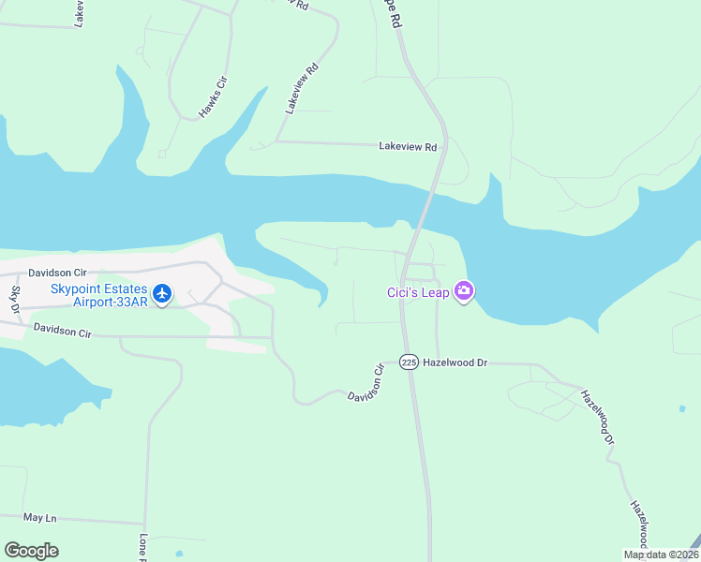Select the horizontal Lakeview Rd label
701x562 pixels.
click(x=408, y=147)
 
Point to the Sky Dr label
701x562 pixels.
click(x=15, y=302)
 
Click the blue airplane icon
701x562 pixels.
click(x=162, y=294)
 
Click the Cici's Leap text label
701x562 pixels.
click(x=418, y=292)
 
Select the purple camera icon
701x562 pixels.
click(x=463, y=292)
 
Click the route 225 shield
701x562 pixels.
click(x=409, y=362)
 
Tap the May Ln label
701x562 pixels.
click(x=40, y=517)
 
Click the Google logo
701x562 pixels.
click(x=31, y=551)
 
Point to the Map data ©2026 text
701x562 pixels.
click(x=659, y=555)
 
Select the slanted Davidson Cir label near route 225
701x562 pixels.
click(x=367, y=383)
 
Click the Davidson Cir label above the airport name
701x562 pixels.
click(x=60, y=273)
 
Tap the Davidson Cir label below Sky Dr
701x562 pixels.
click(x=63, y=333)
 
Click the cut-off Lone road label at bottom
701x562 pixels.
click(x=143, y=546)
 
